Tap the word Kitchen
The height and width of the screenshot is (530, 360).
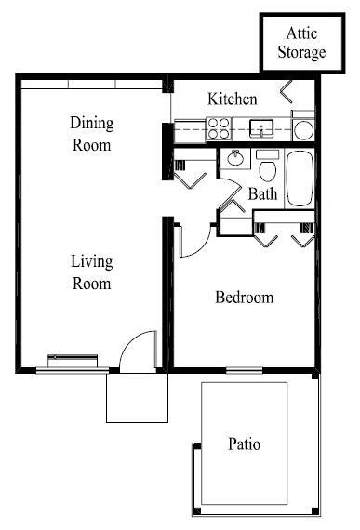click(x=233, y=99)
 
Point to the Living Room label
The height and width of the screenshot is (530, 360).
click(x=91, y=272)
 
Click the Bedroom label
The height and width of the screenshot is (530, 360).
click(x=245, y=298)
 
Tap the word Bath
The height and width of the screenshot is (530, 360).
click(x=263, y=194)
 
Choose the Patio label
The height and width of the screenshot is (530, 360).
click(x=245, y=444)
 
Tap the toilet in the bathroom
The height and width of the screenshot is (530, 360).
click(x=268, y=167)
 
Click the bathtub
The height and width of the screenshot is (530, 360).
click(x=301, y=177)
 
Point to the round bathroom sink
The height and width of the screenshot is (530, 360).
click(x=234, y=159)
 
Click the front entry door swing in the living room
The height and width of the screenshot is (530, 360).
click(x=139, y=351)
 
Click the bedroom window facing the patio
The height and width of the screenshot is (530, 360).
click(x=244, y=371)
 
